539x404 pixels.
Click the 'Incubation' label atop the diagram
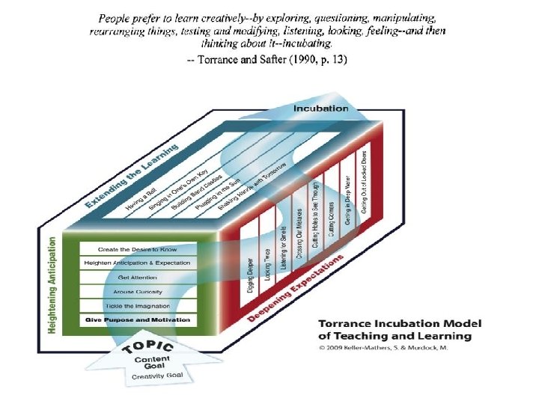coord(321,109)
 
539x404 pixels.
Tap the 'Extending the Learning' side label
coord(132,177)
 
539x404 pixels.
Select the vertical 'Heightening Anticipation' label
coord(52,287)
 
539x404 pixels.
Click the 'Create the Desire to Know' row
coord(138,248)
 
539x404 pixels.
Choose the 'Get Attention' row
coord(138,277)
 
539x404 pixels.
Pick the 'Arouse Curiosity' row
coord(138,291)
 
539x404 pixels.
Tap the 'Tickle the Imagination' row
coord(138,305)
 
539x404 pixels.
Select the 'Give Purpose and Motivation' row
coord(138,319)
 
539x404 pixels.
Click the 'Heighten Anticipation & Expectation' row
coord(138,263)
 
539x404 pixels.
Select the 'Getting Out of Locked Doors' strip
coord(364,183)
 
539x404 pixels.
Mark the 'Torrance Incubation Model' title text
coord(400,329)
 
